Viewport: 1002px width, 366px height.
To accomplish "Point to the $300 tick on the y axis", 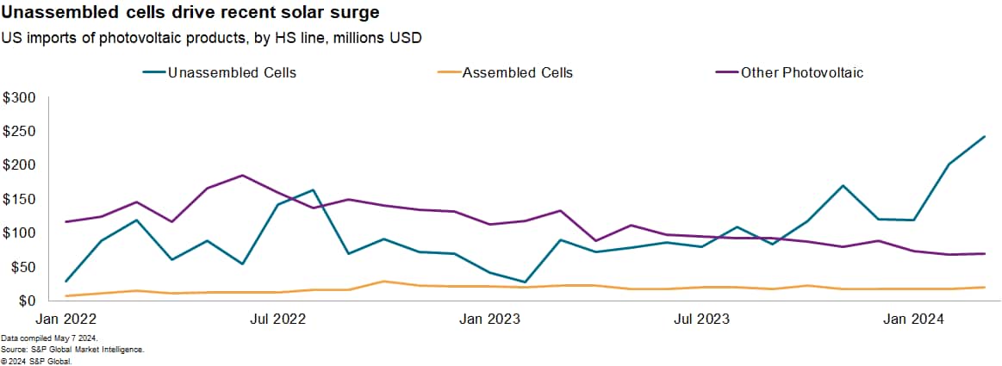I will [19, 98].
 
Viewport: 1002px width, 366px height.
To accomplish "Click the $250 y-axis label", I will [19, 132].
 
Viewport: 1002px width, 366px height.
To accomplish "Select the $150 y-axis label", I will [19, 199].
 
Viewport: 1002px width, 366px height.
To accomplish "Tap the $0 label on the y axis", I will [26, 301].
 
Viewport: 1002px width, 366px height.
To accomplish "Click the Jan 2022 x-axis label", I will [65, 319].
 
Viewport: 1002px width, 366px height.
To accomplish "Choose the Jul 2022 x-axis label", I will [278, 319].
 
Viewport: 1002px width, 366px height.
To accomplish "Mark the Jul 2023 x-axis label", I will [700, 319].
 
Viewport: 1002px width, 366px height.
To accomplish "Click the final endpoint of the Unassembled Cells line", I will [985, 136].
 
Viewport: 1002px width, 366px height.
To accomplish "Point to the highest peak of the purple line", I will [242, 176].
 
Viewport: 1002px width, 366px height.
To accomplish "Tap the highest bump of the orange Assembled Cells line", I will [384, 282].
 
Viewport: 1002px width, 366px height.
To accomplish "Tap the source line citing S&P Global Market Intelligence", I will [72, 350].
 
